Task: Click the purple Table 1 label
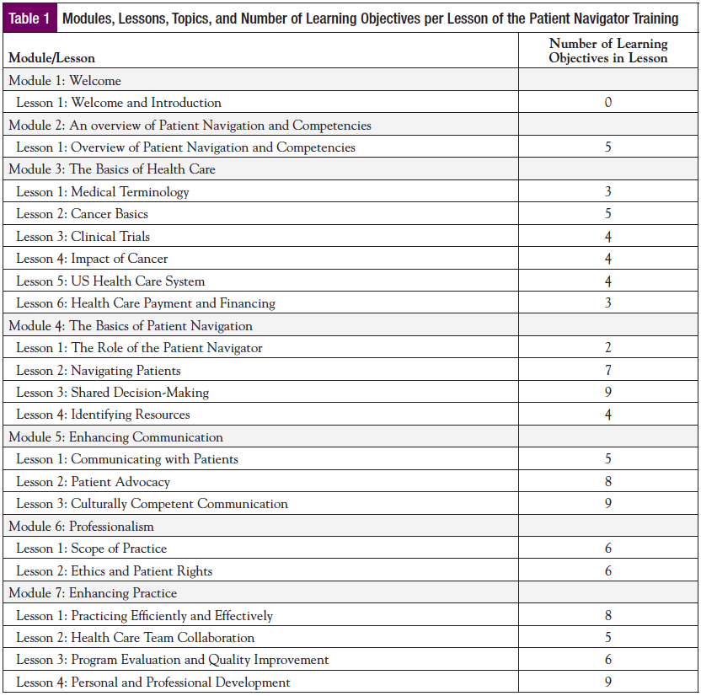29,19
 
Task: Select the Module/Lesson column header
52,58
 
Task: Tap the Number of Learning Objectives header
607,51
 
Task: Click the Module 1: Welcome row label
65,81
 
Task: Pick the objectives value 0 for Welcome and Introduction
607,103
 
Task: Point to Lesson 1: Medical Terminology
103,192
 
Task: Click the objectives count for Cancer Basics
607,214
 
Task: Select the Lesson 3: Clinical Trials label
83,237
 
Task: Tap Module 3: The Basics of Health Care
112,169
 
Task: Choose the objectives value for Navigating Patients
607,370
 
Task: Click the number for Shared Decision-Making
607,392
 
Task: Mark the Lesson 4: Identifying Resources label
103,415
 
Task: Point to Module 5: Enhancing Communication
116,437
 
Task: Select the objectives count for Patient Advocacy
607,482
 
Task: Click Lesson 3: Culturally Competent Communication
153,504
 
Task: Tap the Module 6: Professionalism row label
82,527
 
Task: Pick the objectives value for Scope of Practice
607,549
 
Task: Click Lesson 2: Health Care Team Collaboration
136,638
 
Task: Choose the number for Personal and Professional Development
607,683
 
